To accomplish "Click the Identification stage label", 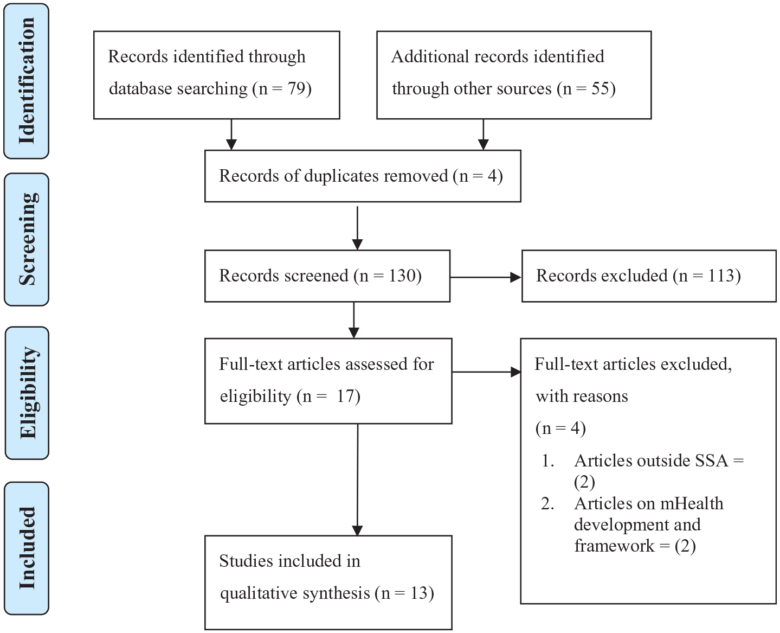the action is pos(27,81).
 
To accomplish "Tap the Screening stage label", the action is pos(28,239).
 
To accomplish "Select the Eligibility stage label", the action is pos(29,393).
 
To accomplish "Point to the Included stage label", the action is pos(27,548).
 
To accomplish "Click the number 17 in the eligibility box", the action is pos(345,397).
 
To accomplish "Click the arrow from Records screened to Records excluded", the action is pos(486,277).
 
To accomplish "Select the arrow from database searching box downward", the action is pos(231,135).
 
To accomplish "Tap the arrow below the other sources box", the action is pos(484,135).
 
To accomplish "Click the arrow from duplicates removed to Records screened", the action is pos(357,228).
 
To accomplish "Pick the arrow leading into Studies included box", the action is pos(357,480).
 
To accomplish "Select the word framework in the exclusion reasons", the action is pos(614,546).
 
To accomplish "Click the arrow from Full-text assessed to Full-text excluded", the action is pos(487,372).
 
